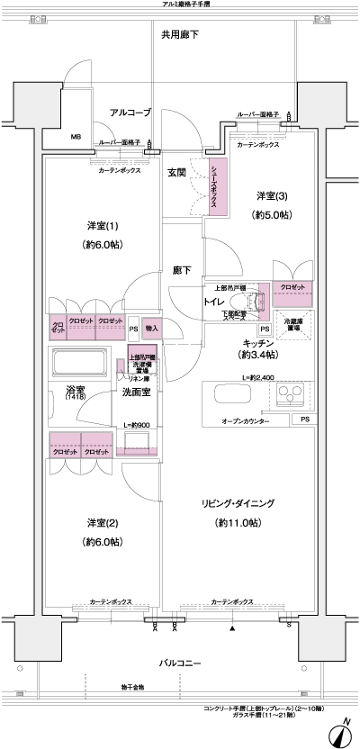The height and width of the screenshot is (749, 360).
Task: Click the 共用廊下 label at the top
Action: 180,35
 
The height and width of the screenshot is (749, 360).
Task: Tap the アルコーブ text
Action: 130,113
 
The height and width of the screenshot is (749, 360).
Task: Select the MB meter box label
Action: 77,138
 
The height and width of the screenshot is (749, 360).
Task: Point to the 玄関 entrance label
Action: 176,172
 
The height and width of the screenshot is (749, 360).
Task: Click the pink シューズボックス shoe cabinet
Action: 215,185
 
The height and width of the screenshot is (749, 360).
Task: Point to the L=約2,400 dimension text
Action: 258,375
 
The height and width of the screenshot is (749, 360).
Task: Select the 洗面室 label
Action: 137,393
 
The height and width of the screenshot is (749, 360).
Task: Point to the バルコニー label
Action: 181,663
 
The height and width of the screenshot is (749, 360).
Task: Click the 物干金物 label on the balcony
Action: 132,687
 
